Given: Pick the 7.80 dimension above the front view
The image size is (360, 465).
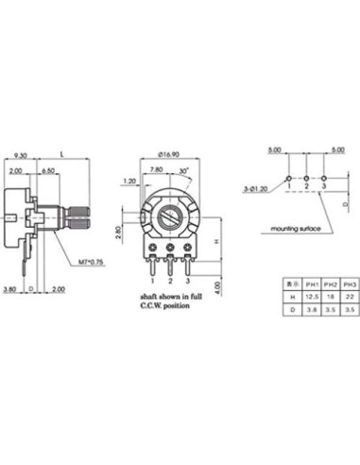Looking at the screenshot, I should pyautogui.click(x=157, y=170).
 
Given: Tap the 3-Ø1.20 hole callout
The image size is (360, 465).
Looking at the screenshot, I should pyautogui.click(x=258, y=189).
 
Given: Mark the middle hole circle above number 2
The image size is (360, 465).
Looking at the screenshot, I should pyautogui.click(x=306, y=178).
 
